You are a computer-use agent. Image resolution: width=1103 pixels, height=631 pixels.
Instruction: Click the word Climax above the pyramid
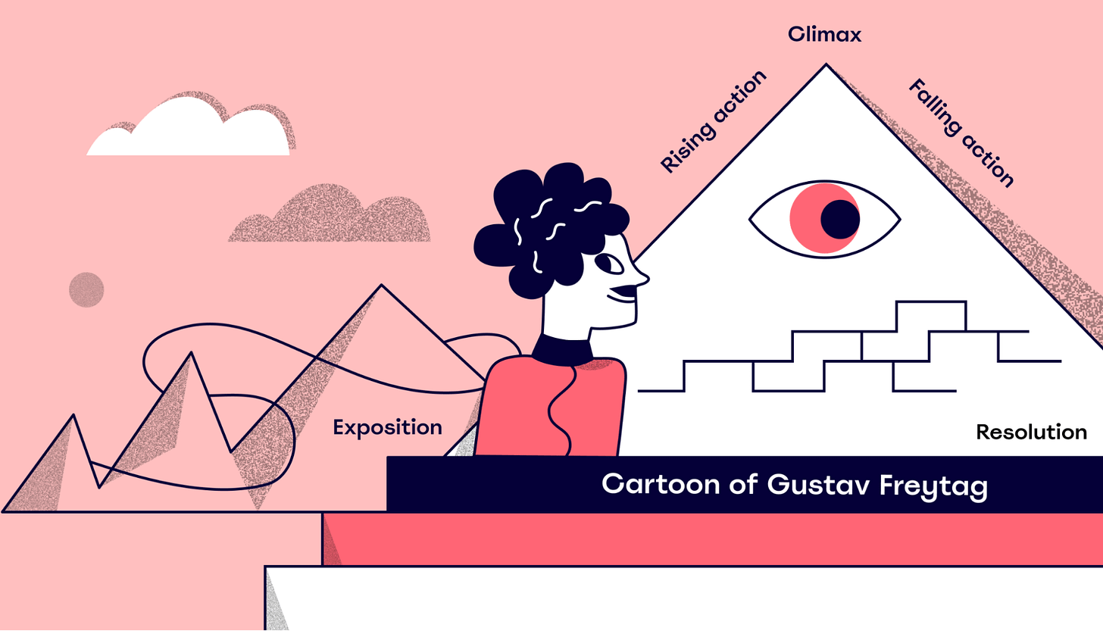pos(824,35)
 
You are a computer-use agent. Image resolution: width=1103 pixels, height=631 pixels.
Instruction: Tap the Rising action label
pos(713,122)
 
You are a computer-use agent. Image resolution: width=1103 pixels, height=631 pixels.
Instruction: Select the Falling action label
pos(961,133)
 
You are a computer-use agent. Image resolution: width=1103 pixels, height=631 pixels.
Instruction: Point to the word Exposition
pos(387,428)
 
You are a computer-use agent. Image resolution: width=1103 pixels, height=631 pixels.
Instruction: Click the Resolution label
pos(1031,433)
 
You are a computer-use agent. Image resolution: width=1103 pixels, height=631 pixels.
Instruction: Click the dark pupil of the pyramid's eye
pos(840,220)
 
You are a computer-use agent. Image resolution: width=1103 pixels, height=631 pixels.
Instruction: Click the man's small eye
pos(610,264)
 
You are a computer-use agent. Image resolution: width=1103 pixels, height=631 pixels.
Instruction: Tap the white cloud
pos(189,133)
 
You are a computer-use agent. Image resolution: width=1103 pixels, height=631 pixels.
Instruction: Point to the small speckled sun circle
pos(86,289)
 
